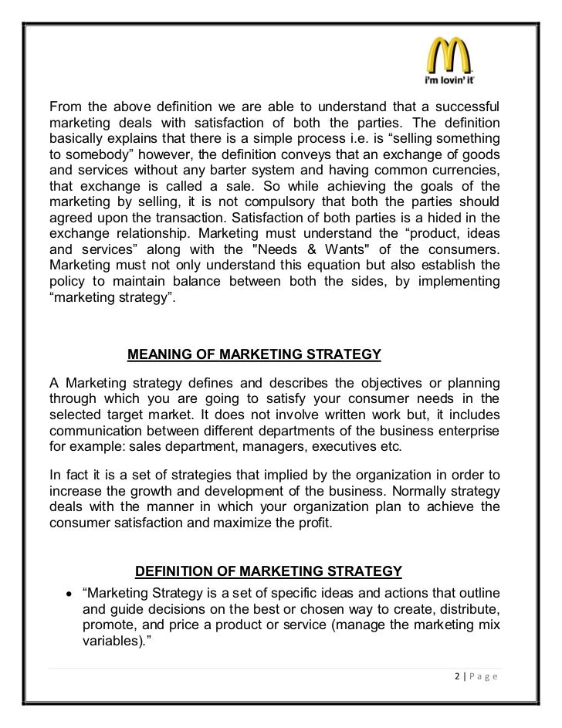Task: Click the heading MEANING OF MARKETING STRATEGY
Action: pos(254,355)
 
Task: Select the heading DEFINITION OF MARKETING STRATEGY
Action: pos(269,571)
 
